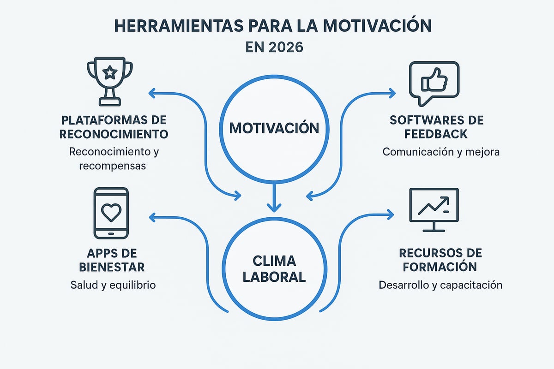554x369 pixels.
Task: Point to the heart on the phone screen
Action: (111, 212)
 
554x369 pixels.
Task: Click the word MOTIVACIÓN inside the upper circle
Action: (274, 127)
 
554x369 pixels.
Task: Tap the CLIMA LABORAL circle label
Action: (274, 268)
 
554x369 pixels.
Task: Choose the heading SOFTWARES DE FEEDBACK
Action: (436, 127)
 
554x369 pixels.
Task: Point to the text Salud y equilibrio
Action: (113, 285)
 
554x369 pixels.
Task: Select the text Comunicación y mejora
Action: (441, 152)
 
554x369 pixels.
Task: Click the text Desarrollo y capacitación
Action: (440, 285)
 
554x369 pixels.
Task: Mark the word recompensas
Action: (113, 165)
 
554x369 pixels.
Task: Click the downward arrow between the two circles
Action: (274, 198)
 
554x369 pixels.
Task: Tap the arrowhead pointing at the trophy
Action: (151, 94)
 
